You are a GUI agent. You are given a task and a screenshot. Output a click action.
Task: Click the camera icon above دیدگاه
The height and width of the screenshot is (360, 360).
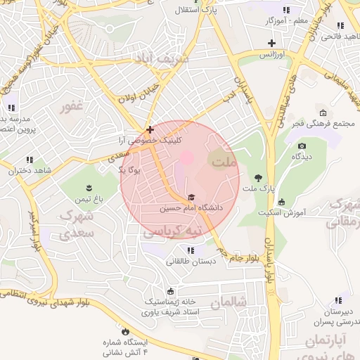pos(302,146)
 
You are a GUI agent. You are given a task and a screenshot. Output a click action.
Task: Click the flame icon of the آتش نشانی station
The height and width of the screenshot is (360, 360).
pos(125,330)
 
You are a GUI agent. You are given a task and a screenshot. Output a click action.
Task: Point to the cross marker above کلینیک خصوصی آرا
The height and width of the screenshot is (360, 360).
pos(150,129)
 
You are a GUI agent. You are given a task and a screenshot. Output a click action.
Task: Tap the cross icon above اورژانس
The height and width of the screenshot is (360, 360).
pos(271,43)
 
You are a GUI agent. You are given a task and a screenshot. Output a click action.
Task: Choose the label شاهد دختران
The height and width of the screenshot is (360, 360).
pos(30,171)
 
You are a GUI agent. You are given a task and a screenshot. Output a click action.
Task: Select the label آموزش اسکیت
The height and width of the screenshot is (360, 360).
pos(281,212)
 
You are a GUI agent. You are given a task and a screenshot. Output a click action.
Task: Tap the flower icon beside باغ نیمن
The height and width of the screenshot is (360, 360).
pos(89,187)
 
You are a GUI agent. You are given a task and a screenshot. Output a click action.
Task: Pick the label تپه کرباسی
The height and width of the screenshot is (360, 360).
pos(172,231)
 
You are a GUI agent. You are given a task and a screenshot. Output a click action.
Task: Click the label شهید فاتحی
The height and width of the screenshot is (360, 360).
pos(335,35)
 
